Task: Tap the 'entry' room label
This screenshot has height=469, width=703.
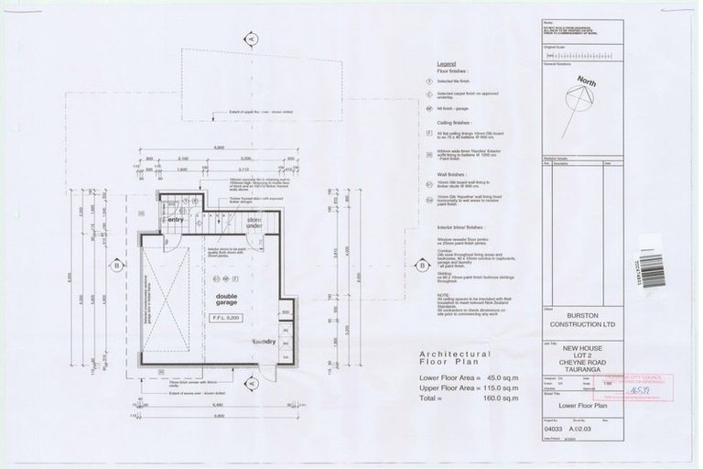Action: (x=176, y=219)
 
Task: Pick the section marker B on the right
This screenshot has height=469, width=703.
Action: (x=422, y=266)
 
